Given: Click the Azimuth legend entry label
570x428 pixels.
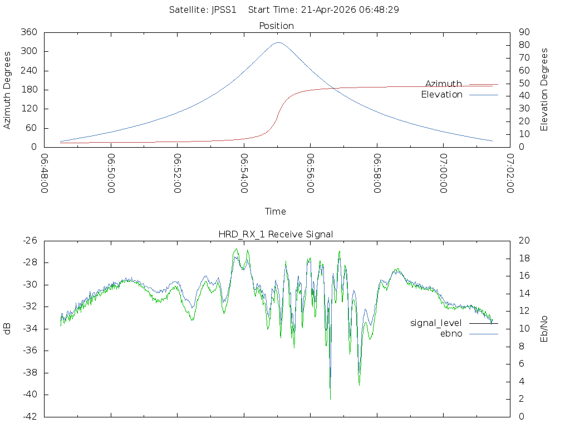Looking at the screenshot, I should click(444, 84).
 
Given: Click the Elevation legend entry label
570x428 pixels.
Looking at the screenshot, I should click(441, 95).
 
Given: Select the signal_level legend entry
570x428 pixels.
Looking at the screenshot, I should click(436, 323).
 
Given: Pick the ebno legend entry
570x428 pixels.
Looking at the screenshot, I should click(451, 334).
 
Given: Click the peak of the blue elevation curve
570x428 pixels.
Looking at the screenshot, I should click(278, 42).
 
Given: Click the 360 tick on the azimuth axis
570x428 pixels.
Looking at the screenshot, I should click(29, 32).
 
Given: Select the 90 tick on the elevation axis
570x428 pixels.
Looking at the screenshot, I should click(524, 32).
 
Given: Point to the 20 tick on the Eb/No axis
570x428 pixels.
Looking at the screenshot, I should click(524, 241).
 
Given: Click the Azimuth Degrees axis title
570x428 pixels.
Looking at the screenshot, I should click(7, 90).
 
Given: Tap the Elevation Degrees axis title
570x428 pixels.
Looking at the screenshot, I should click(544, 90).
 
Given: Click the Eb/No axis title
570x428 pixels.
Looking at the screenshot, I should click(544, 329).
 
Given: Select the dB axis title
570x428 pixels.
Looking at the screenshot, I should click(7, 329).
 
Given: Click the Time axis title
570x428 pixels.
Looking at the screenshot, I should click(276, 212).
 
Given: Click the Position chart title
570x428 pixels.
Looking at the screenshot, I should click(277, 26).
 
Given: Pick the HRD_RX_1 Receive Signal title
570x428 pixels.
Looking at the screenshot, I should click(276, 234).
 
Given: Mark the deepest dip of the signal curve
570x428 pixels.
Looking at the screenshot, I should click(330, 398).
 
